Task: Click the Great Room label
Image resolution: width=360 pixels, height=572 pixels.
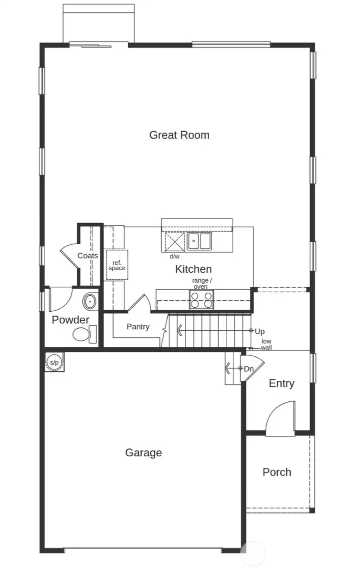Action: pos(179,135)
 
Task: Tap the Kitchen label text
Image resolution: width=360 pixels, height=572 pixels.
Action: pos(193,269)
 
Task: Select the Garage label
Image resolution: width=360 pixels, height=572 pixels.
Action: pos(143,453)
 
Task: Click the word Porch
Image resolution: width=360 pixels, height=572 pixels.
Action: pos(276,472)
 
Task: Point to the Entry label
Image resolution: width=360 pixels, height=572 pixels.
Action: pos(281,383)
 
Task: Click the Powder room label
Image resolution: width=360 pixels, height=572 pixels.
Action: pos(70,320)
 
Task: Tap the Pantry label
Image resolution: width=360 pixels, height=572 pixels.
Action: pos(137,327)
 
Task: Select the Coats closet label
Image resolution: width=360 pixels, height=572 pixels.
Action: pos(87,256)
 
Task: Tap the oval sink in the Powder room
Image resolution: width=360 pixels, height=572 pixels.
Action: pos(89,302)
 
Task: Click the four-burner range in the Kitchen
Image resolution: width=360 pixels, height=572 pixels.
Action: pos(201,300)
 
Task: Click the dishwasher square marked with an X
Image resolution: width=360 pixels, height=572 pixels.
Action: pos(175,242)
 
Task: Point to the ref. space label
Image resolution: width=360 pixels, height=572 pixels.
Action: pos(116,265)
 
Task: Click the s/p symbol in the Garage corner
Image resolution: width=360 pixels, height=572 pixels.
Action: pos(54,362)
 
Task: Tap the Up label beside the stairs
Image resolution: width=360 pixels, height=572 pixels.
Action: pos(259,331)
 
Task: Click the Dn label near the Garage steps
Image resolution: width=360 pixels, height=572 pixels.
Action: pos(249,368)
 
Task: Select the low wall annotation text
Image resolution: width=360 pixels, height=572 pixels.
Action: pos(266,344)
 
